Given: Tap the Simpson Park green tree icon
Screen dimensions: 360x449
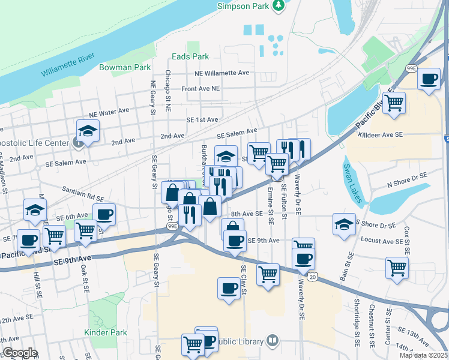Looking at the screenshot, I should (278, 5).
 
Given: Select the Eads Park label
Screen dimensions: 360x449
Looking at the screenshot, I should (190, 56).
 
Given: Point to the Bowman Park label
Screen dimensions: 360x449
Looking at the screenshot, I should (125, 67).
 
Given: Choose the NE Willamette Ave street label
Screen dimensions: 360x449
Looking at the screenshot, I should (221, 73).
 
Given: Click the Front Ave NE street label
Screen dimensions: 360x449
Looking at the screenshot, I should (201, 88).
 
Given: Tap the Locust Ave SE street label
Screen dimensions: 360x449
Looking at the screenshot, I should (385, 241).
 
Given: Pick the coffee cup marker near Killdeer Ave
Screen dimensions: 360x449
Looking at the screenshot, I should (429, 80).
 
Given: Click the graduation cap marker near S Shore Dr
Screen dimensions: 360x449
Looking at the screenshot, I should (344, 226).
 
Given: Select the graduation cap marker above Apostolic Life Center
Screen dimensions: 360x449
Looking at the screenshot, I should (88, 131).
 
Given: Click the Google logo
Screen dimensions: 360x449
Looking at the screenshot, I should (20, 353).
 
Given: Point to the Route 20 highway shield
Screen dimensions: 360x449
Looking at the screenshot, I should (312, 277).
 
